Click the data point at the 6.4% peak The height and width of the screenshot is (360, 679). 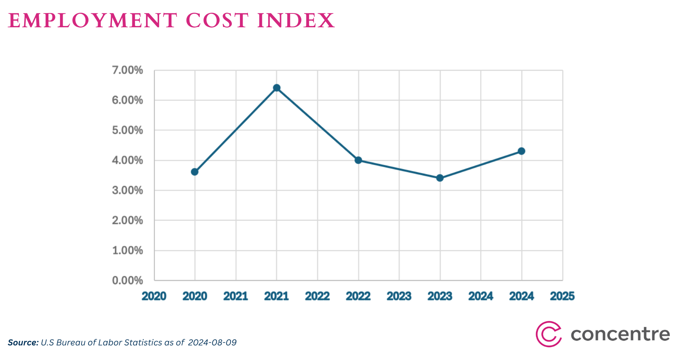click(x=276, y=88)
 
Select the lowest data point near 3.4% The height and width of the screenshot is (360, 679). click(x=440, y=178)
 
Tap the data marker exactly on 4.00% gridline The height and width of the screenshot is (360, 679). click(x=358, y=160)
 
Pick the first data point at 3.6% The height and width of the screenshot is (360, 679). click(x=195, y=172)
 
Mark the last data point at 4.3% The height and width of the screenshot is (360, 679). click(x=521, y=151)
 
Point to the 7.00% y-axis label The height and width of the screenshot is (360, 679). click(x=127, y=70)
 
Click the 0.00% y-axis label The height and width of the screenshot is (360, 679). click(x=127, y=280)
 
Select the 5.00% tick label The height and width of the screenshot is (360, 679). click(x=127, y=130)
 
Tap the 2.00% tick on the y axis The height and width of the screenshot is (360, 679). click(x=127, y=221)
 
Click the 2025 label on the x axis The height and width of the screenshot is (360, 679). click(x=562, y=296)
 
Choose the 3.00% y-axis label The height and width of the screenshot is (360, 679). click(x=127, y=191)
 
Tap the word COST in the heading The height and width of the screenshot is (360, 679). click(x=217, y=21)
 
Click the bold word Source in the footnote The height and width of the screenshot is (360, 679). click(x=23, y=342)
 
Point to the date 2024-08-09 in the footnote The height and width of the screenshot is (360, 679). click(x=212, y=342)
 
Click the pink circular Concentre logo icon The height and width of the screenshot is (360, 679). click(x=548, y=334)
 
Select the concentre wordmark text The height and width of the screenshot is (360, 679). click(x=620, y=334)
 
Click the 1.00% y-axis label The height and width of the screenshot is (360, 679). click(x=127, y=251)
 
